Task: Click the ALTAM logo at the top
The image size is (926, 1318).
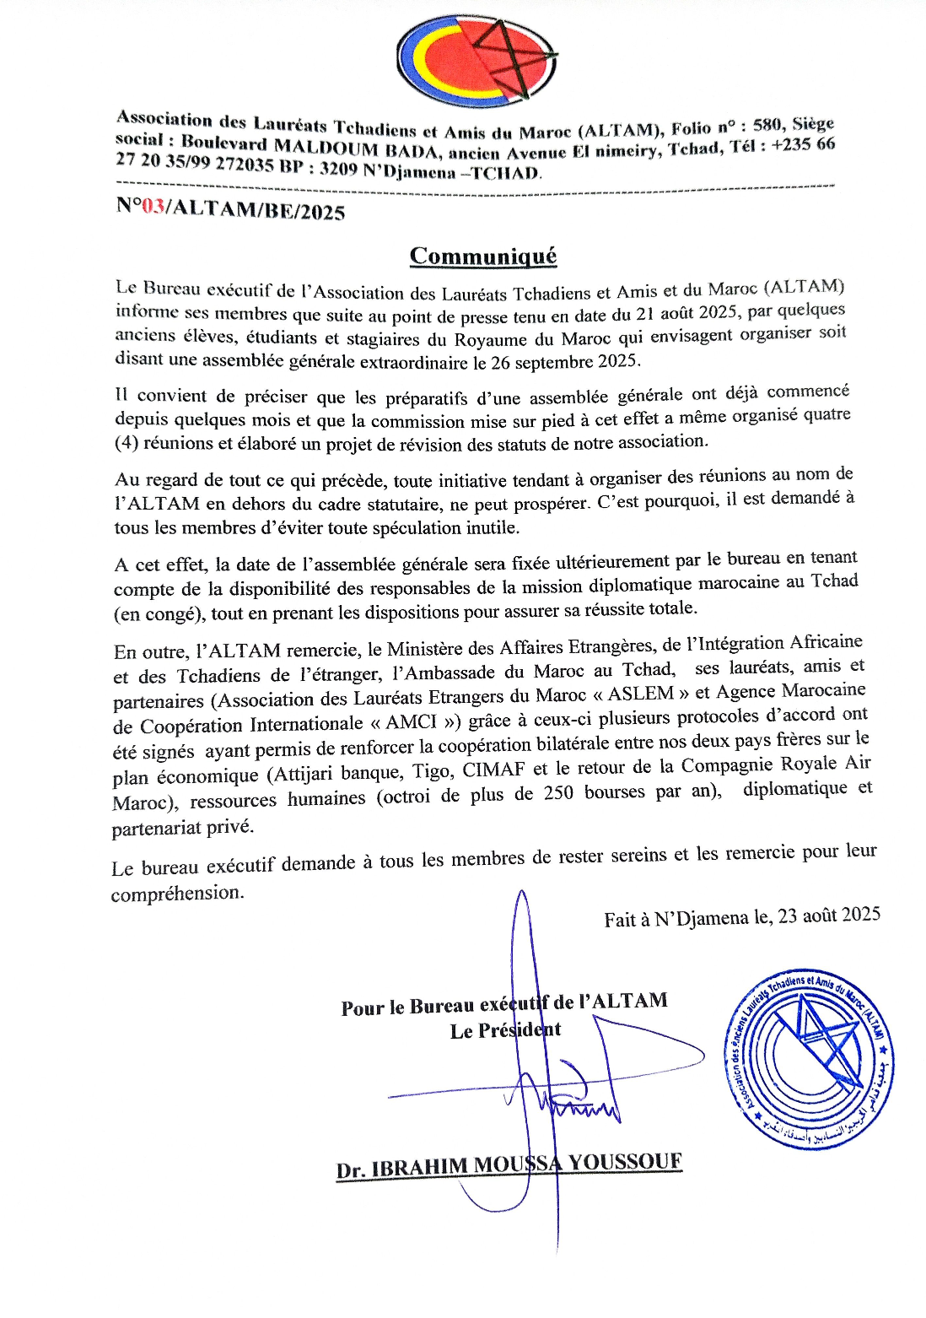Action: (476, 61)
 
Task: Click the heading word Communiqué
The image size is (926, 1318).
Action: (483, 256)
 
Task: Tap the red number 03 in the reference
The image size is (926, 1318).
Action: (153, 206)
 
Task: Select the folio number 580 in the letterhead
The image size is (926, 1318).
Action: (767, 126)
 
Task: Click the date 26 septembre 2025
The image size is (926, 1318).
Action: (565, 361)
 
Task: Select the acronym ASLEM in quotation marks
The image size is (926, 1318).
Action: (641, 694)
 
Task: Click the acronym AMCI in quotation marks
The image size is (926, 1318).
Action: (411, 722)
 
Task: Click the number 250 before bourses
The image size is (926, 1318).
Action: (558, 793)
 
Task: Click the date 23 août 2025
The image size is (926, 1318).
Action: (829, 916)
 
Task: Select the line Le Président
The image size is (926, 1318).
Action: (505, 1030)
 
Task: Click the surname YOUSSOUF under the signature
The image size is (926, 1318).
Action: (624, 1162)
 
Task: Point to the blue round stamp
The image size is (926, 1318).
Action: (808, 1058)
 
